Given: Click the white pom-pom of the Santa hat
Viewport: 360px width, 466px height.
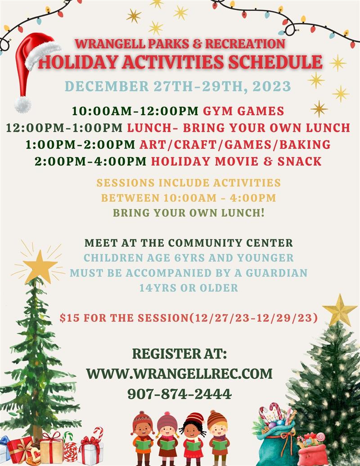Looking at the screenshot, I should [22, 104].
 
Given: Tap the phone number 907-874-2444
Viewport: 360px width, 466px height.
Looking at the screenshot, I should [180, 394].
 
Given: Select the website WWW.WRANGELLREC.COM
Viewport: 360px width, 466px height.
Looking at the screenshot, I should [180, 374].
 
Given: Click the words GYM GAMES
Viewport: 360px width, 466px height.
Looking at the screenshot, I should [243, 110].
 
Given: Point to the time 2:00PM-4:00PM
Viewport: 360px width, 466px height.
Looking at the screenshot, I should [90, 161].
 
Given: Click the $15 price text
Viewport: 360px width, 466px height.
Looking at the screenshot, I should [68, 318].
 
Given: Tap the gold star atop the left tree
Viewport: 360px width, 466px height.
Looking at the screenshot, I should [40, 267].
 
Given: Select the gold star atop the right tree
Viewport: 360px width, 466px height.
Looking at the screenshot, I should [340, 311].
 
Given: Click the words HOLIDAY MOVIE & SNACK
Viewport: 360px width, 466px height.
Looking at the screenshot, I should [236, 161].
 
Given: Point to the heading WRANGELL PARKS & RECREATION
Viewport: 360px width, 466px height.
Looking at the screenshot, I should [180, 44].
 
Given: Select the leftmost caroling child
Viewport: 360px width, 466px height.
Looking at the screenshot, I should [143, 434].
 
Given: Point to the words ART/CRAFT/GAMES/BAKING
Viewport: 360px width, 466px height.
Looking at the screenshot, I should [234, 145].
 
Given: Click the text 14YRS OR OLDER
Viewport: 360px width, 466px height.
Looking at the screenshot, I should [189, 287].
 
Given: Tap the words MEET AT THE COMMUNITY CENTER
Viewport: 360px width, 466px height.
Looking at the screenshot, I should [189, 243].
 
